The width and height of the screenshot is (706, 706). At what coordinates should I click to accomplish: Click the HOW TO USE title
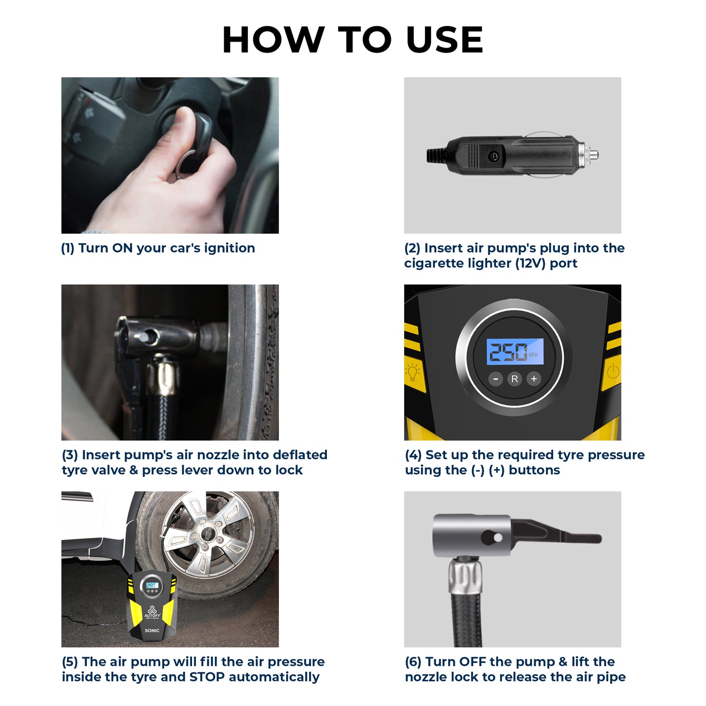pos(353,40)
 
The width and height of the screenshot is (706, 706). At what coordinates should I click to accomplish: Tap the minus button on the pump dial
pos(495,379)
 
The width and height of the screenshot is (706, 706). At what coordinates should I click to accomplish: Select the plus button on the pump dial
pos(534,379)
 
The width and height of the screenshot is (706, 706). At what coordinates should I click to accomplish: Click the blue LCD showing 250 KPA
pos(514,352)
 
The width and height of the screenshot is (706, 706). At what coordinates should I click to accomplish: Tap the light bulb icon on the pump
pos(413,372)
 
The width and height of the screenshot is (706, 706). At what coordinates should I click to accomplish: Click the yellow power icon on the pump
pos(613,372)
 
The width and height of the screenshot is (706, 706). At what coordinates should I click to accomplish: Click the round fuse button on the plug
pos(493,156)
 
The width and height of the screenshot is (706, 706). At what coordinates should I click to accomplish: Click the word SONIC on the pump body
pos(152,630)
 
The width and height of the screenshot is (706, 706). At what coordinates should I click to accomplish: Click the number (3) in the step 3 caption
pos(70,455)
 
